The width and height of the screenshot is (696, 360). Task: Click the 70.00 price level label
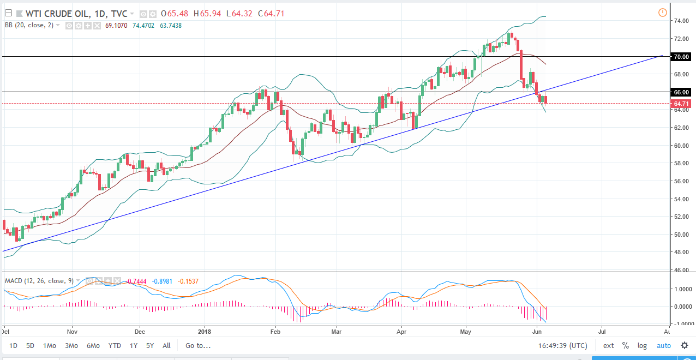coord(682,57)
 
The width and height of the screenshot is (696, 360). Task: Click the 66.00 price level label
coord(682,92)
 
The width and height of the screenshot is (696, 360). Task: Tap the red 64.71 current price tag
coord(682,104)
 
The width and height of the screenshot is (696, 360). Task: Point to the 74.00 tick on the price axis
coord(680,21)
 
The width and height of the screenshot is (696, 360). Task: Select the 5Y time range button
coord(149,345)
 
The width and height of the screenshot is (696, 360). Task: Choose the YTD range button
coord(115,345)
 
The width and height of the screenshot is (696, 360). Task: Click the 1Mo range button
coord(50,345)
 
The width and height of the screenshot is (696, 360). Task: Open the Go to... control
coord(197,345)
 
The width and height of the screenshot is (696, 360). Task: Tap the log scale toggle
coord(643,345)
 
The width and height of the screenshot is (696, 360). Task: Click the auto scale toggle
coord(664,345)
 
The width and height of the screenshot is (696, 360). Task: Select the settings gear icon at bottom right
coord(685,345)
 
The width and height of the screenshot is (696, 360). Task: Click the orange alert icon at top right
coord(662,13)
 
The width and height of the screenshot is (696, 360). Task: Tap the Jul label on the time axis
coord(602,331)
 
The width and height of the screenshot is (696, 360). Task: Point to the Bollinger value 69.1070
coord(116,25)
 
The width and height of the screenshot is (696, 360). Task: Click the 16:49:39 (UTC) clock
coord(562,345)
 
